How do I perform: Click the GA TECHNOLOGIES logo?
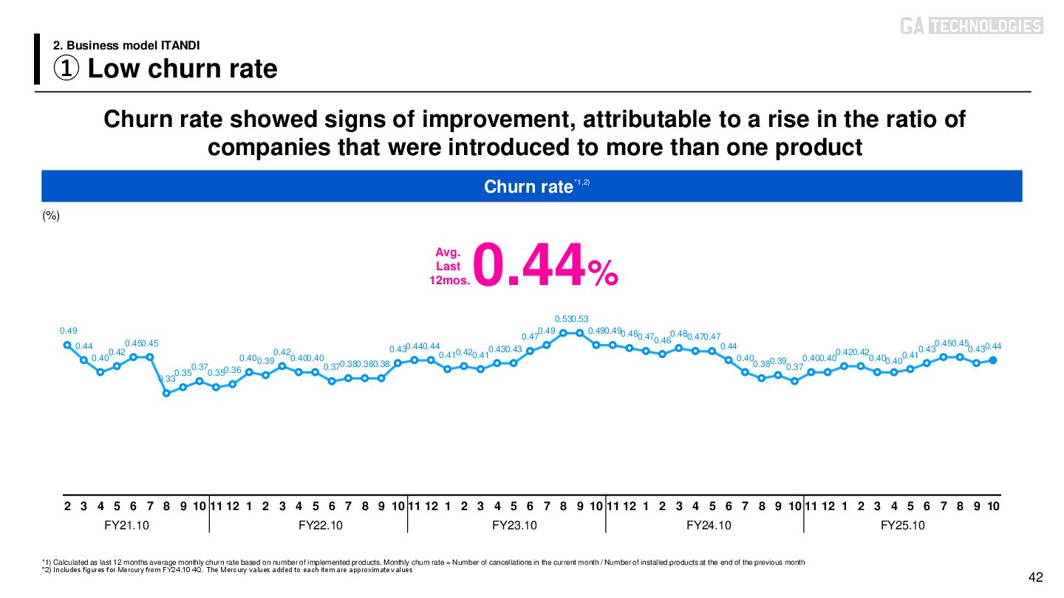pyautogui.click(x=971, y=27)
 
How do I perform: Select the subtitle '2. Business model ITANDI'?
pyautogui.click(x=126, y=45)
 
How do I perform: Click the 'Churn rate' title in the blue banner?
pyautogui.click(x=528, y=187)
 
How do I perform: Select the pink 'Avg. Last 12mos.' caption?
pyautogui.click(x=448, y=267)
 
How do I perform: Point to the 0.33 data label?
pyautogui.click(x=167, y=379)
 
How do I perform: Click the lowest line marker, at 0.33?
pyautogui.click(x=166, y=393)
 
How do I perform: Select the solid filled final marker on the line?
pyautogui.click(x=994, y=360)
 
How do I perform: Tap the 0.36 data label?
pyautogui.click(x=233, y=370)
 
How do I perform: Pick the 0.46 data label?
pyautogui.click(x=662, y=340)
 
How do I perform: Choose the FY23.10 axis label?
pyautogui.click(x=514, y=526)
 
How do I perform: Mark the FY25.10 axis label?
pyautogui.click(x=902, y=526)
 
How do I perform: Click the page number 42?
pyautogui.click(x=1036, y=577)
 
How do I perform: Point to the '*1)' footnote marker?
pyautogui.click(x=47, y=563)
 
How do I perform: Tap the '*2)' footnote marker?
pyautogui.click(x=47, y=570)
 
